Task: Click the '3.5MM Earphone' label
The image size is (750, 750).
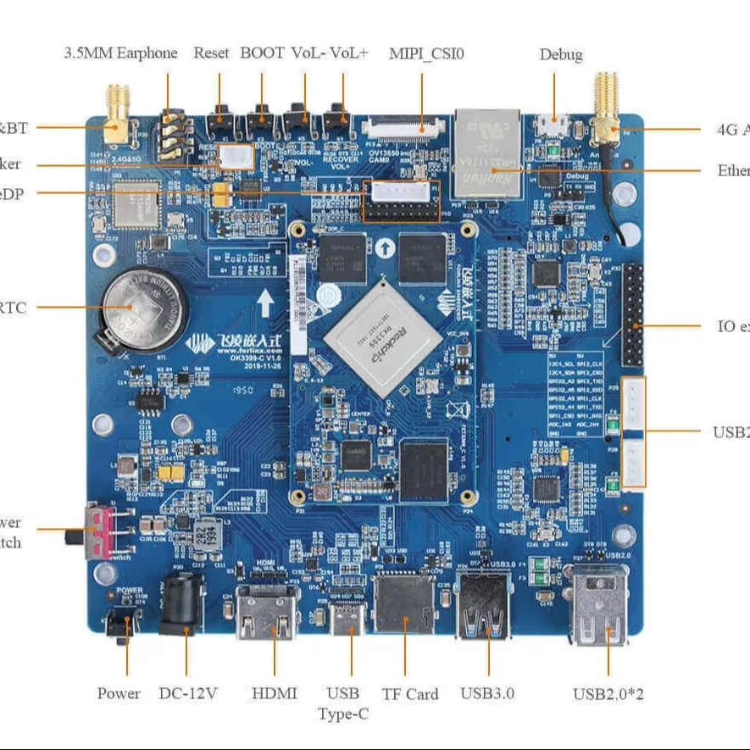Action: coord(121,53)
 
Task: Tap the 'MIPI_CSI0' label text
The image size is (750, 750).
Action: coord(426,53)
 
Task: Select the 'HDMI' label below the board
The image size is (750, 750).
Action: coord(275,693)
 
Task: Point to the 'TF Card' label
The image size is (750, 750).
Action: coord(410,694)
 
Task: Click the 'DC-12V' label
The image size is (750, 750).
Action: coord(188,693)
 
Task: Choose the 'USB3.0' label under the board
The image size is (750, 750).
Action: coord(488,693)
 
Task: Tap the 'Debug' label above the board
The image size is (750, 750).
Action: coord(561,54)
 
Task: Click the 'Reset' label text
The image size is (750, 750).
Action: coord(211,53)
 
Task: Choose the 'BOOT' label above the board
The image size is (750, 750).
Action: coord(262,53)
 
